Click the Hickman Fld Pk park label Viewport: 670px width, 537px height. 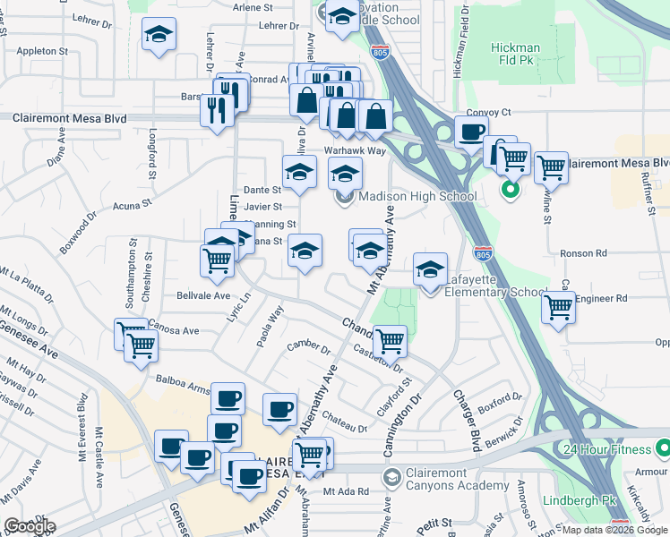point(515,55)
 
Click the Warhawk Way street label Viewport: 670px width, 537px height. point(355,150)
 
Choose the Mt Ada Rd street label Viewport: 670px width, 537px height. point(347,491)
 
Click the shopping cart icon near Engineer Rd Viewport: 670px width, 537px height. point(559,307)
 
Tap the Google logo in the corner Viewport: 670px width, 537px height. point(30,525)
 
